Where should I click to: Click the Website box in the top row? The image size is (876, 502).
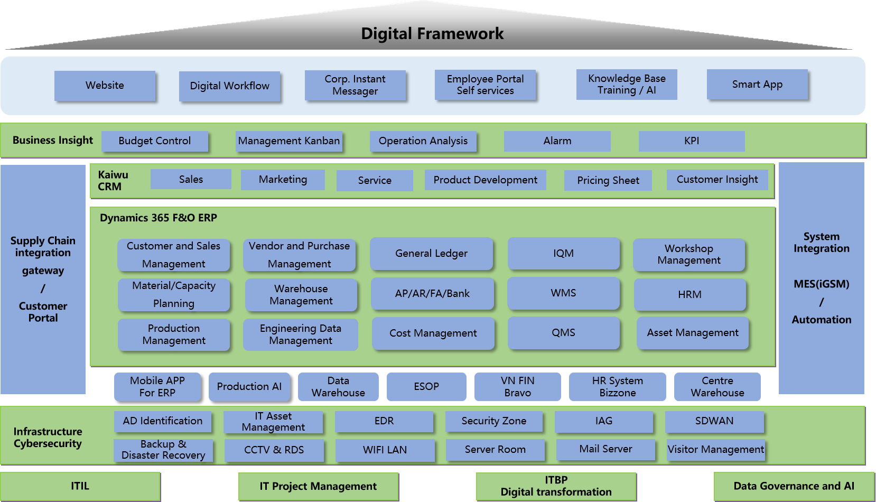(x=105, y=85)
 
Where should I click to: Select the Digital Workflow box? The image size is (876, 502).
(x=229, y=86)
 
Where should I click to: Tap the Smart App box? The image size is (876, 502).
(x=757, y=84)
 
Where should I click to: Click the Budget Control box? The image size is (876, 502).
(x=155, y=141)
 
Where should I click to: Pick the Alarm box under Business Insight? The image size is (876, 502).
(x=557, y=141)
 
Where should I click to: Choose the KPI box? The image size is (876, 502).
(x=691, y=141)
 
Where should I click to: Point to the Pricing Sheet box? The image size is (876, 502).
(x=608, y=180)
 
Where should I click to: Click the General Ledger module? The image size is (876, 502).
(x=431, y=254)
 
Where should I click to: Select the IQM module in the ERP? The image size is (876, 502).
(x=563, y=254)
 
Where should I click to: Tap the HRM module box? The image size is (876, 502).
(x=689, y=294)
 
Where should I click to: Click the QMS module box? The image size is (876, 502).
(x=563, y=333)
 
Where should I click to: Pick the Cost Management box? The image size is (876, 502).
(x=433, y=333)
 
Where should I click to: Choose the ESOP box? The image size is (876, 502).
(x=426, y=386)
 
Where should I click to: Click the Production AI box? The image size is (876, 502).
(x=249, y=386)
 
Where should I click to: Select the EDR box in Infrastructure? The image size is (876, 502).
(x=384, y=421)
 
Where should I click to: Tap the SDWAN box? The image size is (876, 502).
(x=714, y=421)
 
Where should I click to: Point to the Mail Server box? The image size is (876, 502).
(x=605, y=449)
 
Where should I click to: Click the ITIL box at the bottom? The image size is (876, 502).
(x=80, y=486)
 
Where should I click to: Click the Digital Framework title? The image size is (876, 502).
(x=432, y=34)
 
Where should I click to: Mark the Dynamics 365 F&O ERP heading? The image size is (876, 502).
(x=159, y=218)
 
